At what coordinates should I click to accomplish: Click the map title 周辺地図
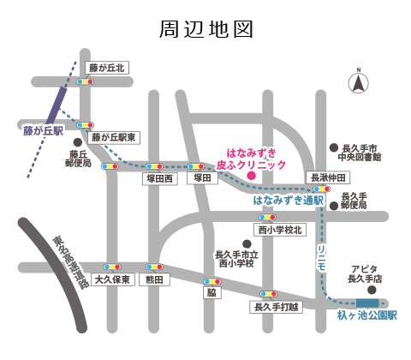click(206, 29)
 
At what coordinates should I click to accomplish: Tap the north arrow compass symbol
click(359, 82)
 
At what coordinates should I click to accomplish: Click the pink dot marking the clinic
click(251, 176)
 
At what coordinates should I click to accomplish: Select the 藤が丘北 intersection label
click(107, 68)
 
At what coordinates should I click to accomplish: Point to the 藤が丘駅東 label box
click(114, 138)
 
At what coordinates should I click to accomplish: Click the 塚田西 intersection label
click(160, 179)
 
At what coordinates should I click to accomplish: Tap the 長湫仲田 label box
click(328, 177)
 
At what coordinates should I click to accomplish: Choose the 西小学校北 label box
click(280, 230)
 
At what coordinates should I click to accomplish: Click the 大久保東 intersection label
click(112, 279)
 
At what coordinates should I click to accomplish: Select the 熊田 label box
click(154, 279)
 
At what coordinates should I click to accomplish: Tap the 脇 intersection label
click(212, 292)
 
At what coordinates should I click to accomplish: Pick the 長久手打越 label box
click(276, 307)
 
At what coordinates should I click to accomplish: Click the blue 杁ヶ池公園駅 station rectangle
click(367, 303)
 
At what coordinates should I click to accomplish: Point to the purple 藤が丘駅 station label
click(44, 131)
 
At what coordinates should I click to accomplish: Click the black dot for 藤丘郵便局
click(78, 142)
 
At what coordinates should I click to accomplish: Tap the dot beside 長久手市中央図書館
click(334, 147)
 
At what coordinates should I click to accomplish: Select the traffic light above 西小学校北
click(267, 218)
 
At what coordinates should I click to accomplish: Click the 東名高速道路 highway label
click(70, 262)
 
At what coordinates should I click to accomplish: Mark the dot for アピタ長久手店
click(372, 291)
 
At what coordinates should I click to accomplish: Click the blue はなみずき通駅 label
click(289, 201)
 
